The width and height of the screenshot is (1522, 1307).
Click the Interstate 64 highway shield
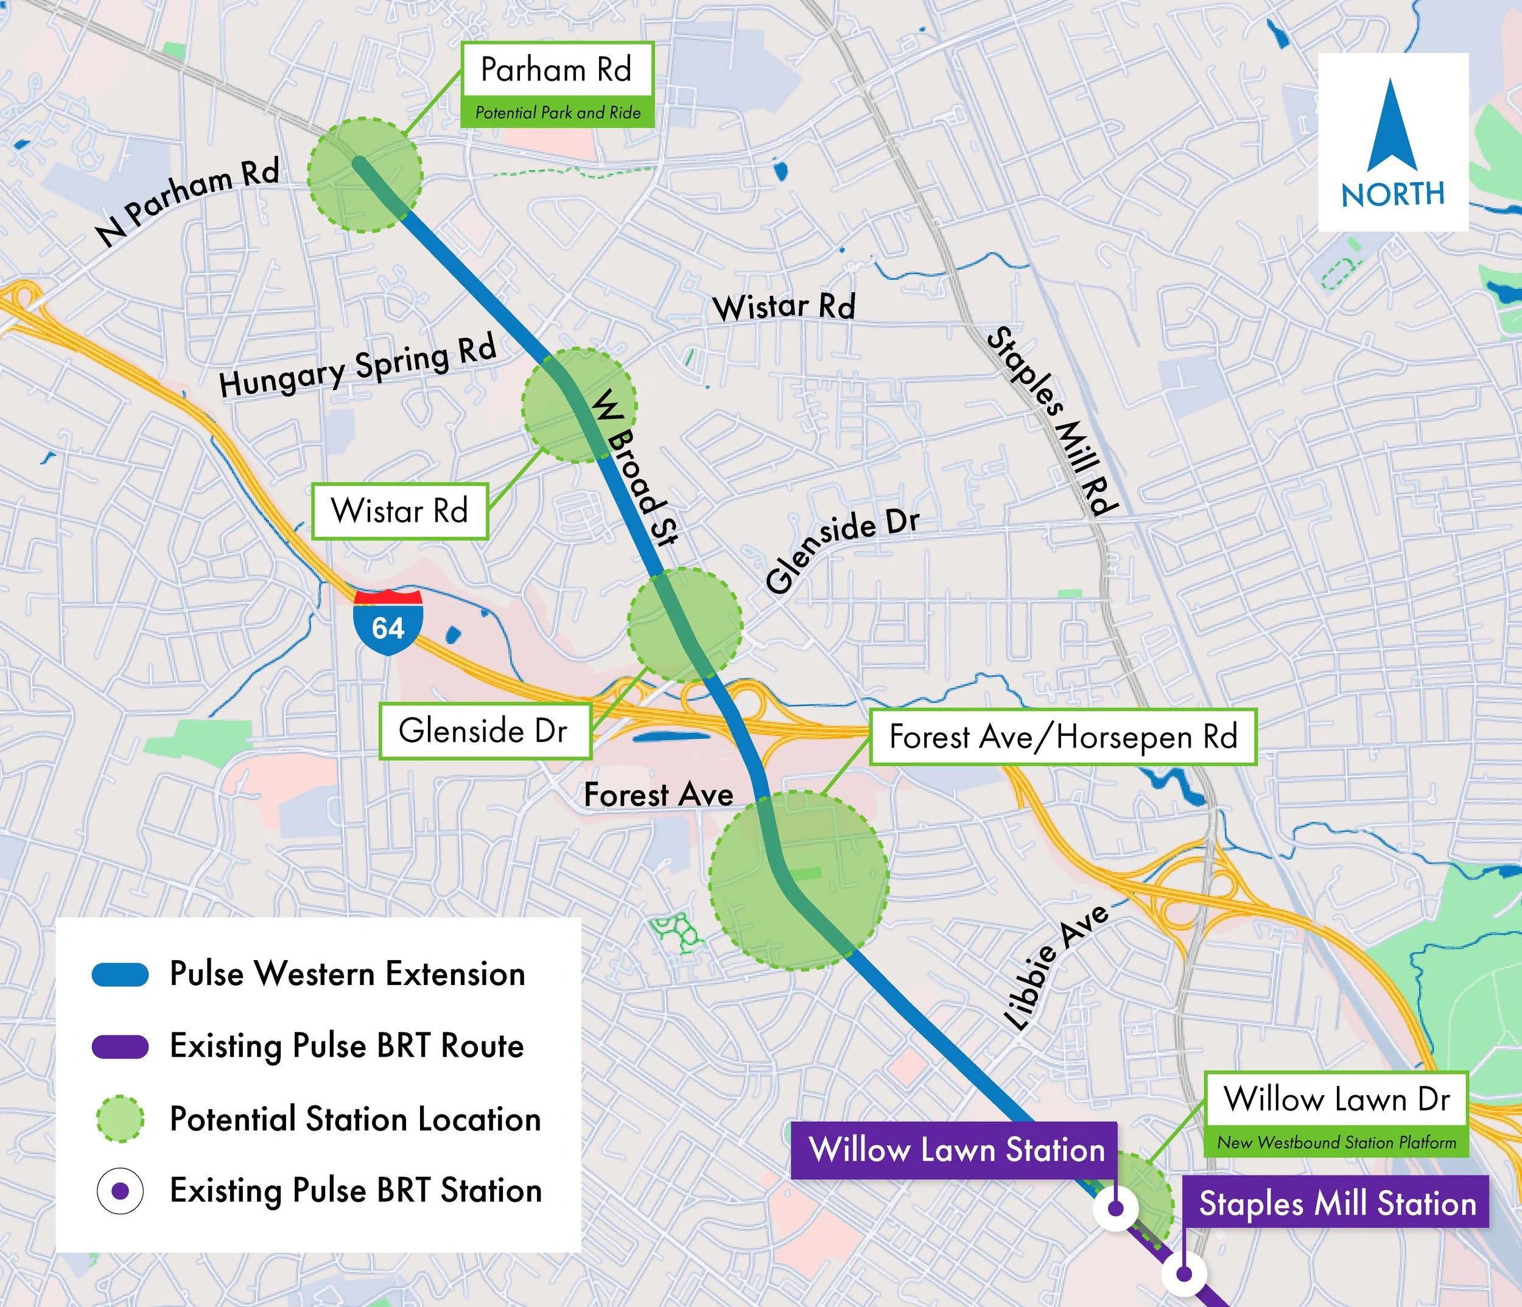point(388,622)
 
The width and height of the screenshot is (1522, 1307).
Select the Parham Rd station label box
point(557,70)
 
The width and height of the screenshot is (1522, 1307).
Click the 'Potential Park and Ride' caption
point(557,113)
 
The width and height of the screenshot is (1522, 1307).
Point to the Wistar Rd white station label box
point(399,511)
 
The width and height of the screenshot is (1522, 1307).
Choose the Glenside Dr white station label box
point(484,731)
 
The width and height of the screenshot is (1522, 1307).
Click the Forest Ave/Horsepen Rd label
point(1063,737)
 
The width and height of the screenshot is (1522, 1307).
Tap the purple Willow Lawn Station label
point(956,1149)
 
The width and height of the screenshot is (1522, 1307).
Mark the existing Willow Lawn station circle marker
point(1115,1208)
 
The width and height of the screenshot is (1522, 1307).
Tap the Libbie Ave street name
point(1056,966)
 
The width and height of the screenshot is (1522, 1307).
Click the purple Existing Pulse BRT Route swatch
point(121,1046)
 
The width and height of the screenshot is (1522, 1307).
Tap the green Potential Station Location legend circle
point(121,1119)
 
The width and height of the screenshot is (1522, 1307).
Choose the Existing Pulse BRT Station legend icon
point(121,1190)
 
